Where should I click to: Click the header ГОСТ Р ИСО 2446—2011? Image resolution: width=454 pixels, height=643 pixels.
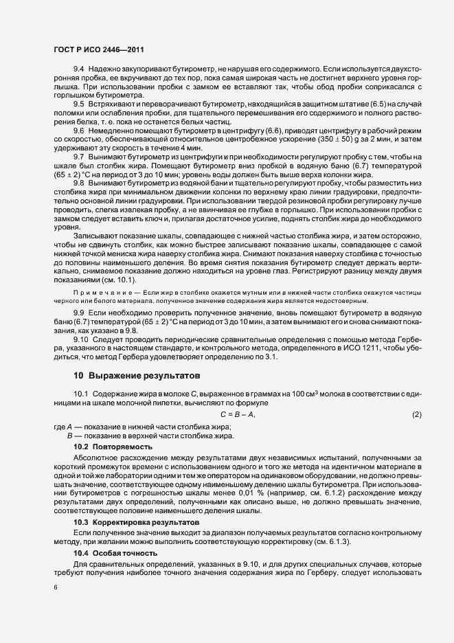(98, 50)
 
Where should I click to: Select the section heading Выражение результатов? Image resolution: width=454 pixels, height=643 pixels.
(137, 376)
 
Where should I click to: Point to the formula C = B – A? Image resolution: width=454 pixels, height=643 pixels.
(238, 414)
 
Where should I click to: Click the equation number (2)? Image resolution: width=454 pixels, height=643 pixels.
(416, 414)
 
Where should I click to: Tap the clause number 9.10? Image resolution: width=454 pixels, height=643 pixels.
(80, 339)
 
